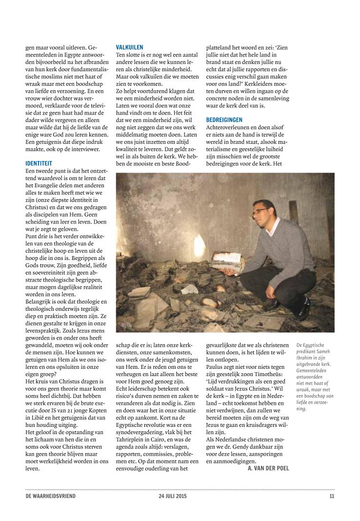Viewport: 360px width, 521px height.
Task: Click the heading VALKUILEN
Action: point(129,47)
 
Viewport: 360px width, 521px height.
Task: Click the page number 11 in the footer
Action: point(332,497)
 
